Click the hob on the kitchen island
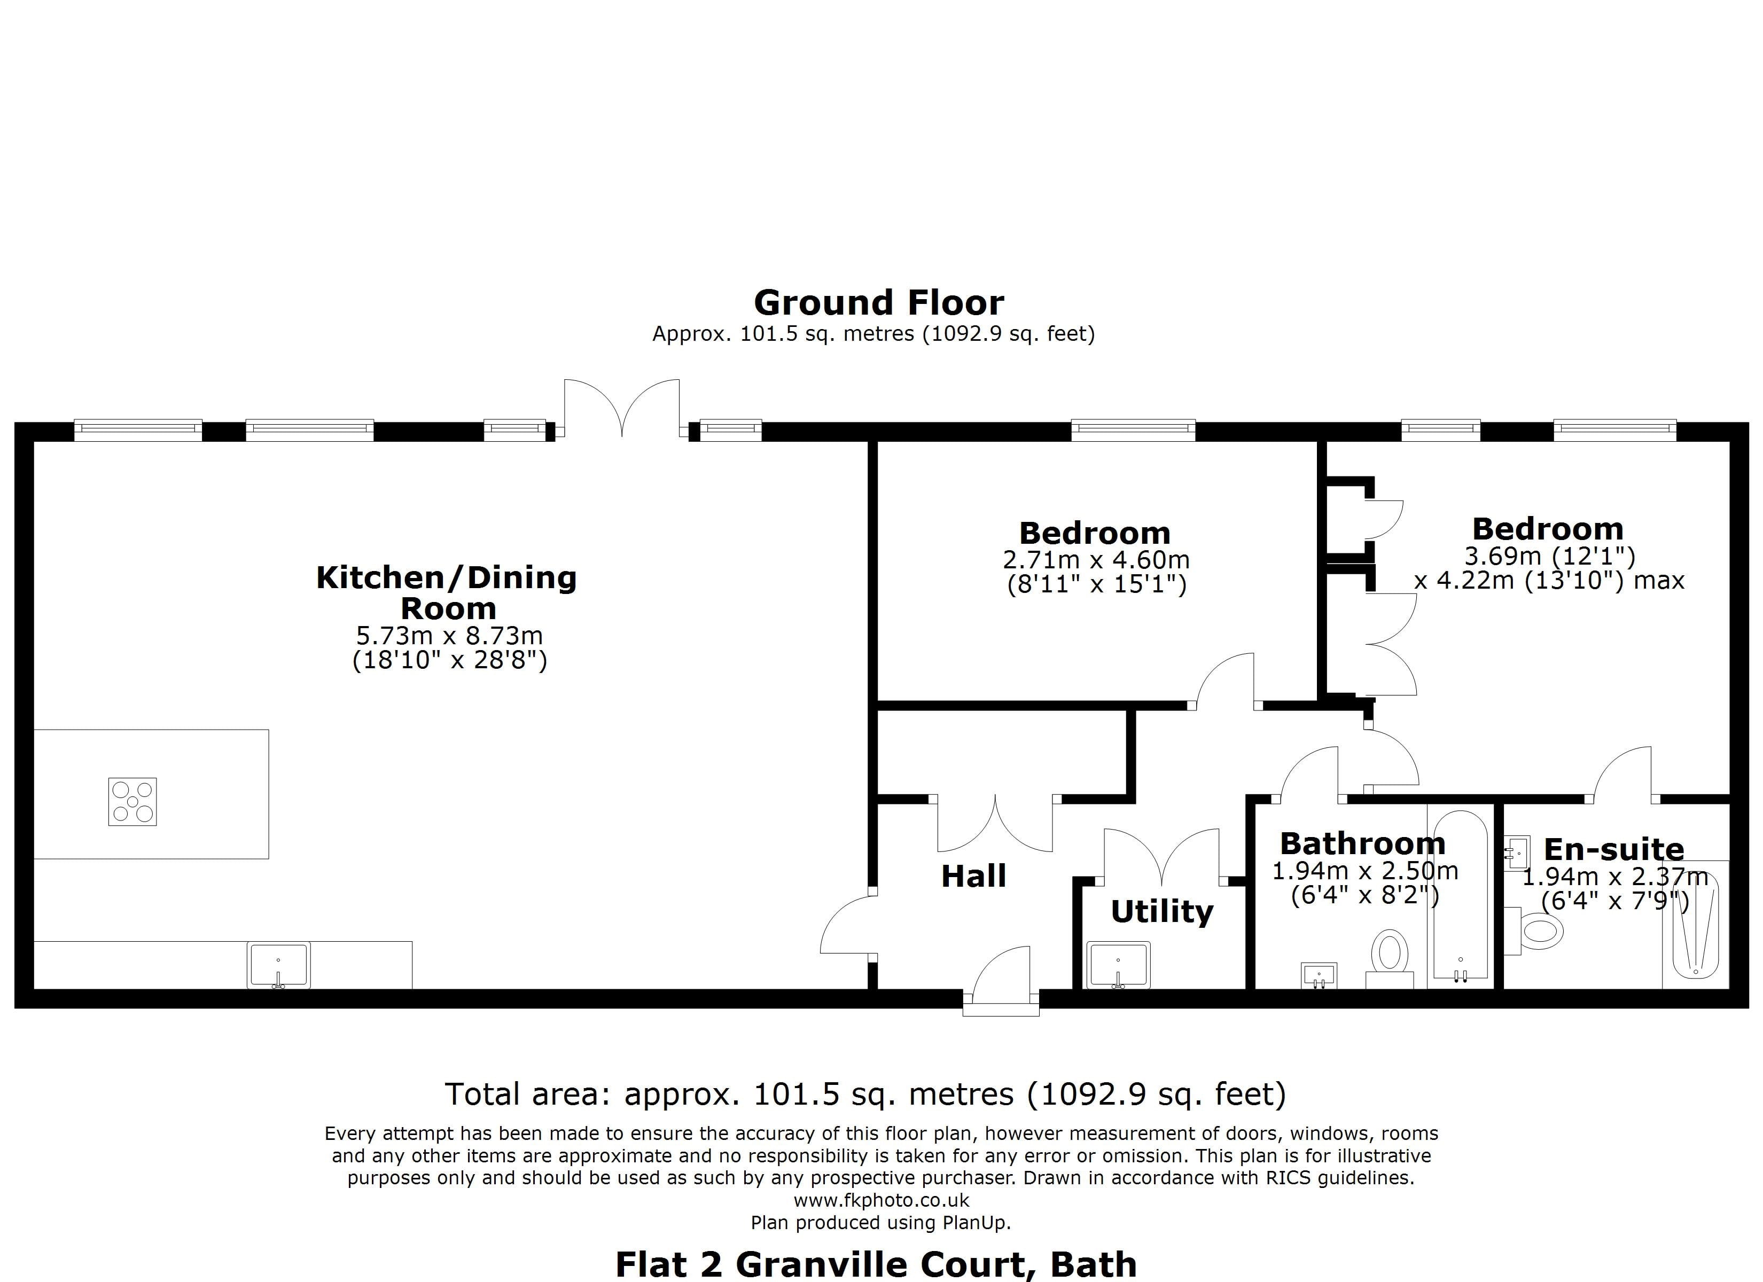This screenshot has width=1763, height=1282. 132,802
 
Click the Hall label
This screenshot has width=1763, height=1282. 973,876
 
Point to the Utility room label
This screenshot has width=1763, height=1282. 1161,911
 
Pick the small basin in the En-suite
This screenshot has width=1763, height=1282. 1517,853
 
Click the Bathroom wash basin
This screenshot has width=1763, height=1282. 1319,975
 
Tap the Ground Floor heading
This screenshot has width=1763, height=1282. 878,302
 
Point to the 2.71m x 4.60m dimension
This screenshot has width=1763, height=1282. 1096,560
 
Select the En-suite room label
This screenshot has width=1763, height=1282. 1613,849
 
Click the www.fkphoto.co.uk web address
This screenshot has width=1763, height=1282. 881,1200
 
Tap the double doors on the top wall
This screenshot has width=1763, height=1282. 622,408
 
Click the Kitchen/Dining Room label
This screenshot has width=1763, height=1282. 447,592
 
